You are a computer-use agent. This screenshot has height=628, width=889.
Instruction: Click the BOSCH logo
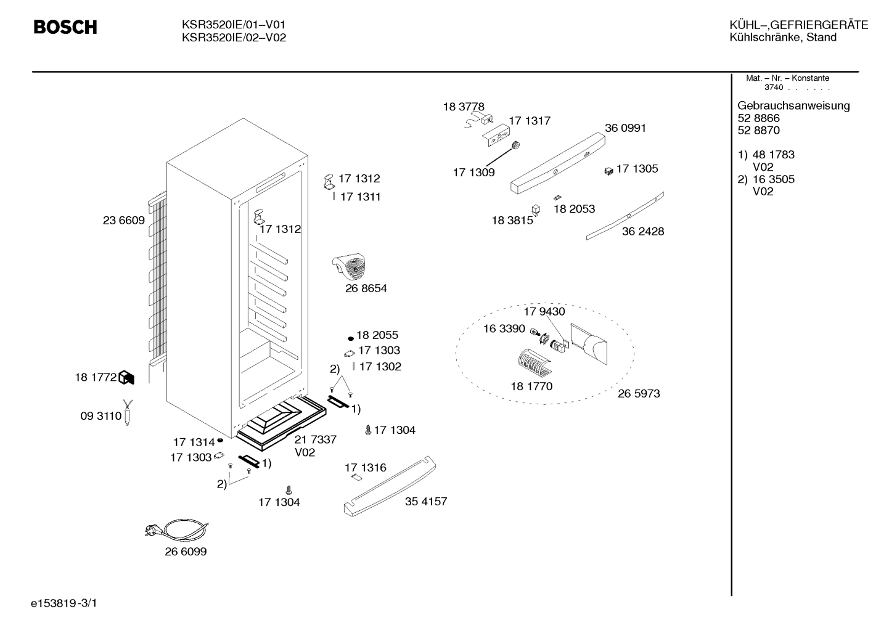point(65,27)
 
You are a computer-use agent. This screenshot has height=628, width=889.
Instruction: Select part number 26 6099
point(186,552)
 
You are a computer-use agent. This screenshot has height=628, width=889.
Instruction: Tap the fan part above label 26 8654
point(349,266)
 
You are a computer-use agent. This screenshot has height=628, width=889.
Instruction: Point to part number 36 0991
point(626,128)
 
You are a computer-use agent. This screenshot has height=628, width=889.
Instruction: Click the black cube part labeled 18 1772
point(126,377)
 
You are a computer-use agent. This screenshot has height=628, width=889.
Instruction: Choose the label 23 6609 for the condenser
point(124,221)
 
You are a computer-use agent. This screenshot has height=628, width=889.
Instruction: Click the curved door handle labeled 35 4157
point(390,486)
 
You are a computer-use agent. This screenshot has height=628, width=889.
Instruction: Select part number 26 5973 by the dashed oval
point(639,394)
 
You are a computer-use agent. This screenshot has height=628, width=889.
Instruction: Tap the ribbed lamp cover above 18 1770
point(534,362)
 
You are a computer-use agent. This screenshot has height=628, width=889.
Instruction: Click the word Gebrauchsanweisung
point(794,106)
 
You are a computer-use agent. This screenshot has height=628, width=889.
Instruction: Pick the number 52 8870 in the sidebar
point(759,131)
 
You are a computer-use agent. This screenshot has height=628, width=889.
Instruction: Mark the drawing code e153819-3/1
point(64,603)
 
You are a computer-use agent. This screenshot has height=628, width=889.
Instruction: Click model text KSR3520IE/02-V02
point(234,38)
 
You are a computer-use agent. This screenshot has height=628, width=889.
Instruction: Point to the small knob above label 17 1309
point(515,145)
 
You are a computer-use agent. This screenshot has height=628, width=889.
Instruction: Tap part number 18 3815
point(512,221)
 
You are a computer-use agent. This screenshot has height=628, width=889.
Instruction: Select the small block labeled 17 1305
point(609,171)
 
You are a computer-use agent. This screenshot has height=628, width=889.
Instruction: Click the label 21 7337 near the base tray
point(316,439)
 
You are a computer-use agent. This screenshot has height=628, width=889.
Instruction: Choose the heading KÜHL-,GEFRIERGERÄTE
point(799,25)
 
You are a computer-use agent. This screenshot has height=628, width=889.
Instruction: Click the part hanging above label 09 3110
point(128,412)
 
